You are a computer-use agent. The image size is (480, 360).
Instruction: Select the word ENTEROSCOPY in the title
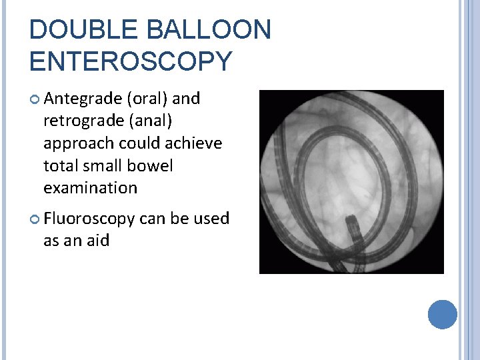click(131, 61)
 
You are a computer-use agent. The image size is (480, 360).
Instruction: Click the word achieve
click(193, 143)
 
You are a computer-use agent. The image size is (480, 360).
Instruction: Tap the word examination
click(90, 188)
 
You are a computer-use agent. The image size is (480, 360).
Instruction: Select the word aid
click(97, 241)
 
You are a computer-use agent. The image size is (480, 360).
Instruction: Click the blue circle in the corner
click(442, 314)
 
